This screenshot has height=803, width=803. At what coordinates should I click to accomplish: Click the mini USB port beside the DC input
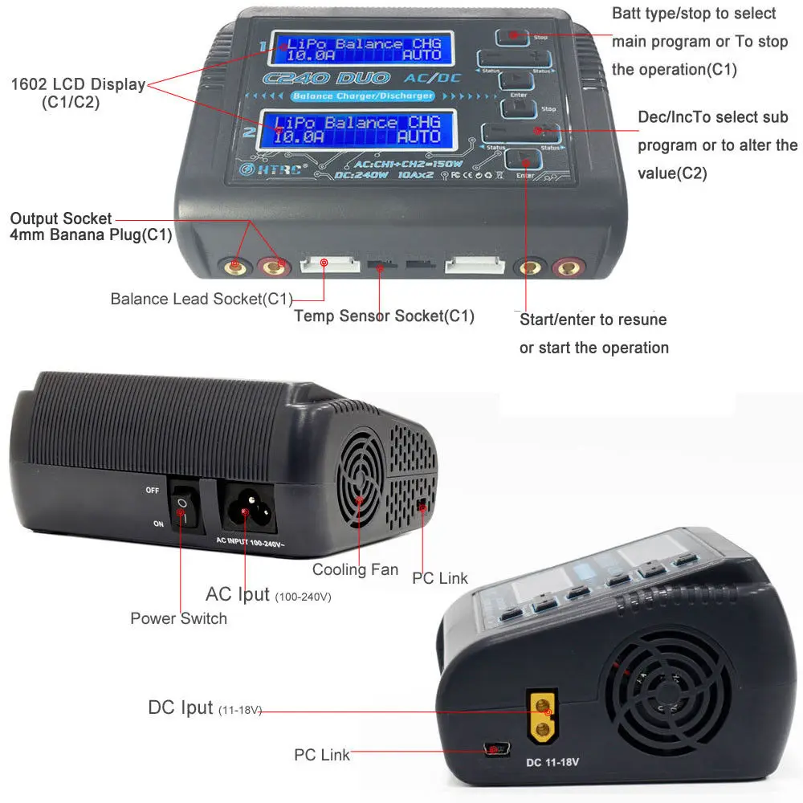point(493,749)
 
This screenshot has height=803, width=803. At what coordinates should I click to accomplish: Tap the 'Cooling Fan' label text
point(355,569)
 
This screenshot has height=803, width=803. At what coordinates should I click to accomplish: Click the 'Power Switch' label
point(178,618)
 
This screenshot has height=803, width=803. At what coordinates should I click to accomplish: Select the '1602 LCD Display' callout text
point(79,84)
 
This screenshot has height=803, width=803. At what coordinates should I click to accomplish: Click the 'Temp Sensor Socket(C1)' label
point(384,316)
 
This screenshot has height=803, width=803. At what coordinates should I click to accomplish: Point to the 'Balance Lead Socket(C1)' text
point(202,299)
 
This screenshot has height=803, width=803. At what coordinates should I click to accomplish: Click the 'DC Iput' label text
point(181,707)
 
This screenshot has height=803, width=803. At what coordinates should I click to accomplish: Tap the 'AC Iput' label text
point(238,594)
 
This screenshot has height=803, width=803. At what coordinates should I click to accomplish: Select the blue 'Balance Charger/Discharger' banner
point(362,96)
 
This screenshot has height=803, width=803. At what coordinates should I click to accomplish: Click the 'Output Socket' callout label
point(61,218)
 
